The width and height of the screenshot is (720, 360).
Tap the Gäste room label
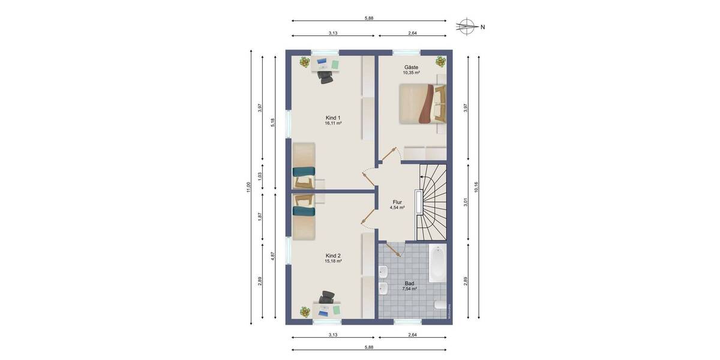[411, 67]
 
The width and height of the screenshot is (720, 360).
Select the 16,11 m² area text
[333, 123]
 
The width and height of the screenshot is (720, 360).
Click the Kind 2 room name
[333, 256]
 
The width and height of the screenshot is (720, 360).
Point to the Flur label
[397, 202]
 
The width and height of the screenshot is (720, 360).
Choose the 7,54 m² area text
[409, 289]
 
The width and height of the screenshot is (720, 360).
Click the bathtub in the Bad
[437, 264]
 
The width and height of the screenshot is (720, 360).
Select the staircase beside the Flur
[433, 201]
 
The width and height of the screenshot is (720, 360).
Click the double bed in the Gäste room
[422, 103]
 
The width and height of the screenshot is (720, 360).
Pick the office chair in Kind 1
[326, 75]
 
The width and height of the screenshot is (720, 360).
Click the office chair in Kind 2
[327, 298]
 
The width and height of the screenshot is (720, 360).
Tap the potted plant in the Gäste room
[440, 61]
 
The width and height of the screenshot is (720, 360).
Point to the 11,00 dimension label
[247, 187]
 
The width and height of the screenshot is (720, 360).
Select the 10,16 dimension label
[476, 187]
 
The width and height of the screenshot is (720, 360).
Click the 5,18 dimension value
[273, 122]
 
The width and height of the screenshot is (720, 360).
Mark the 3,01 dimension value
[465, 203]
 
